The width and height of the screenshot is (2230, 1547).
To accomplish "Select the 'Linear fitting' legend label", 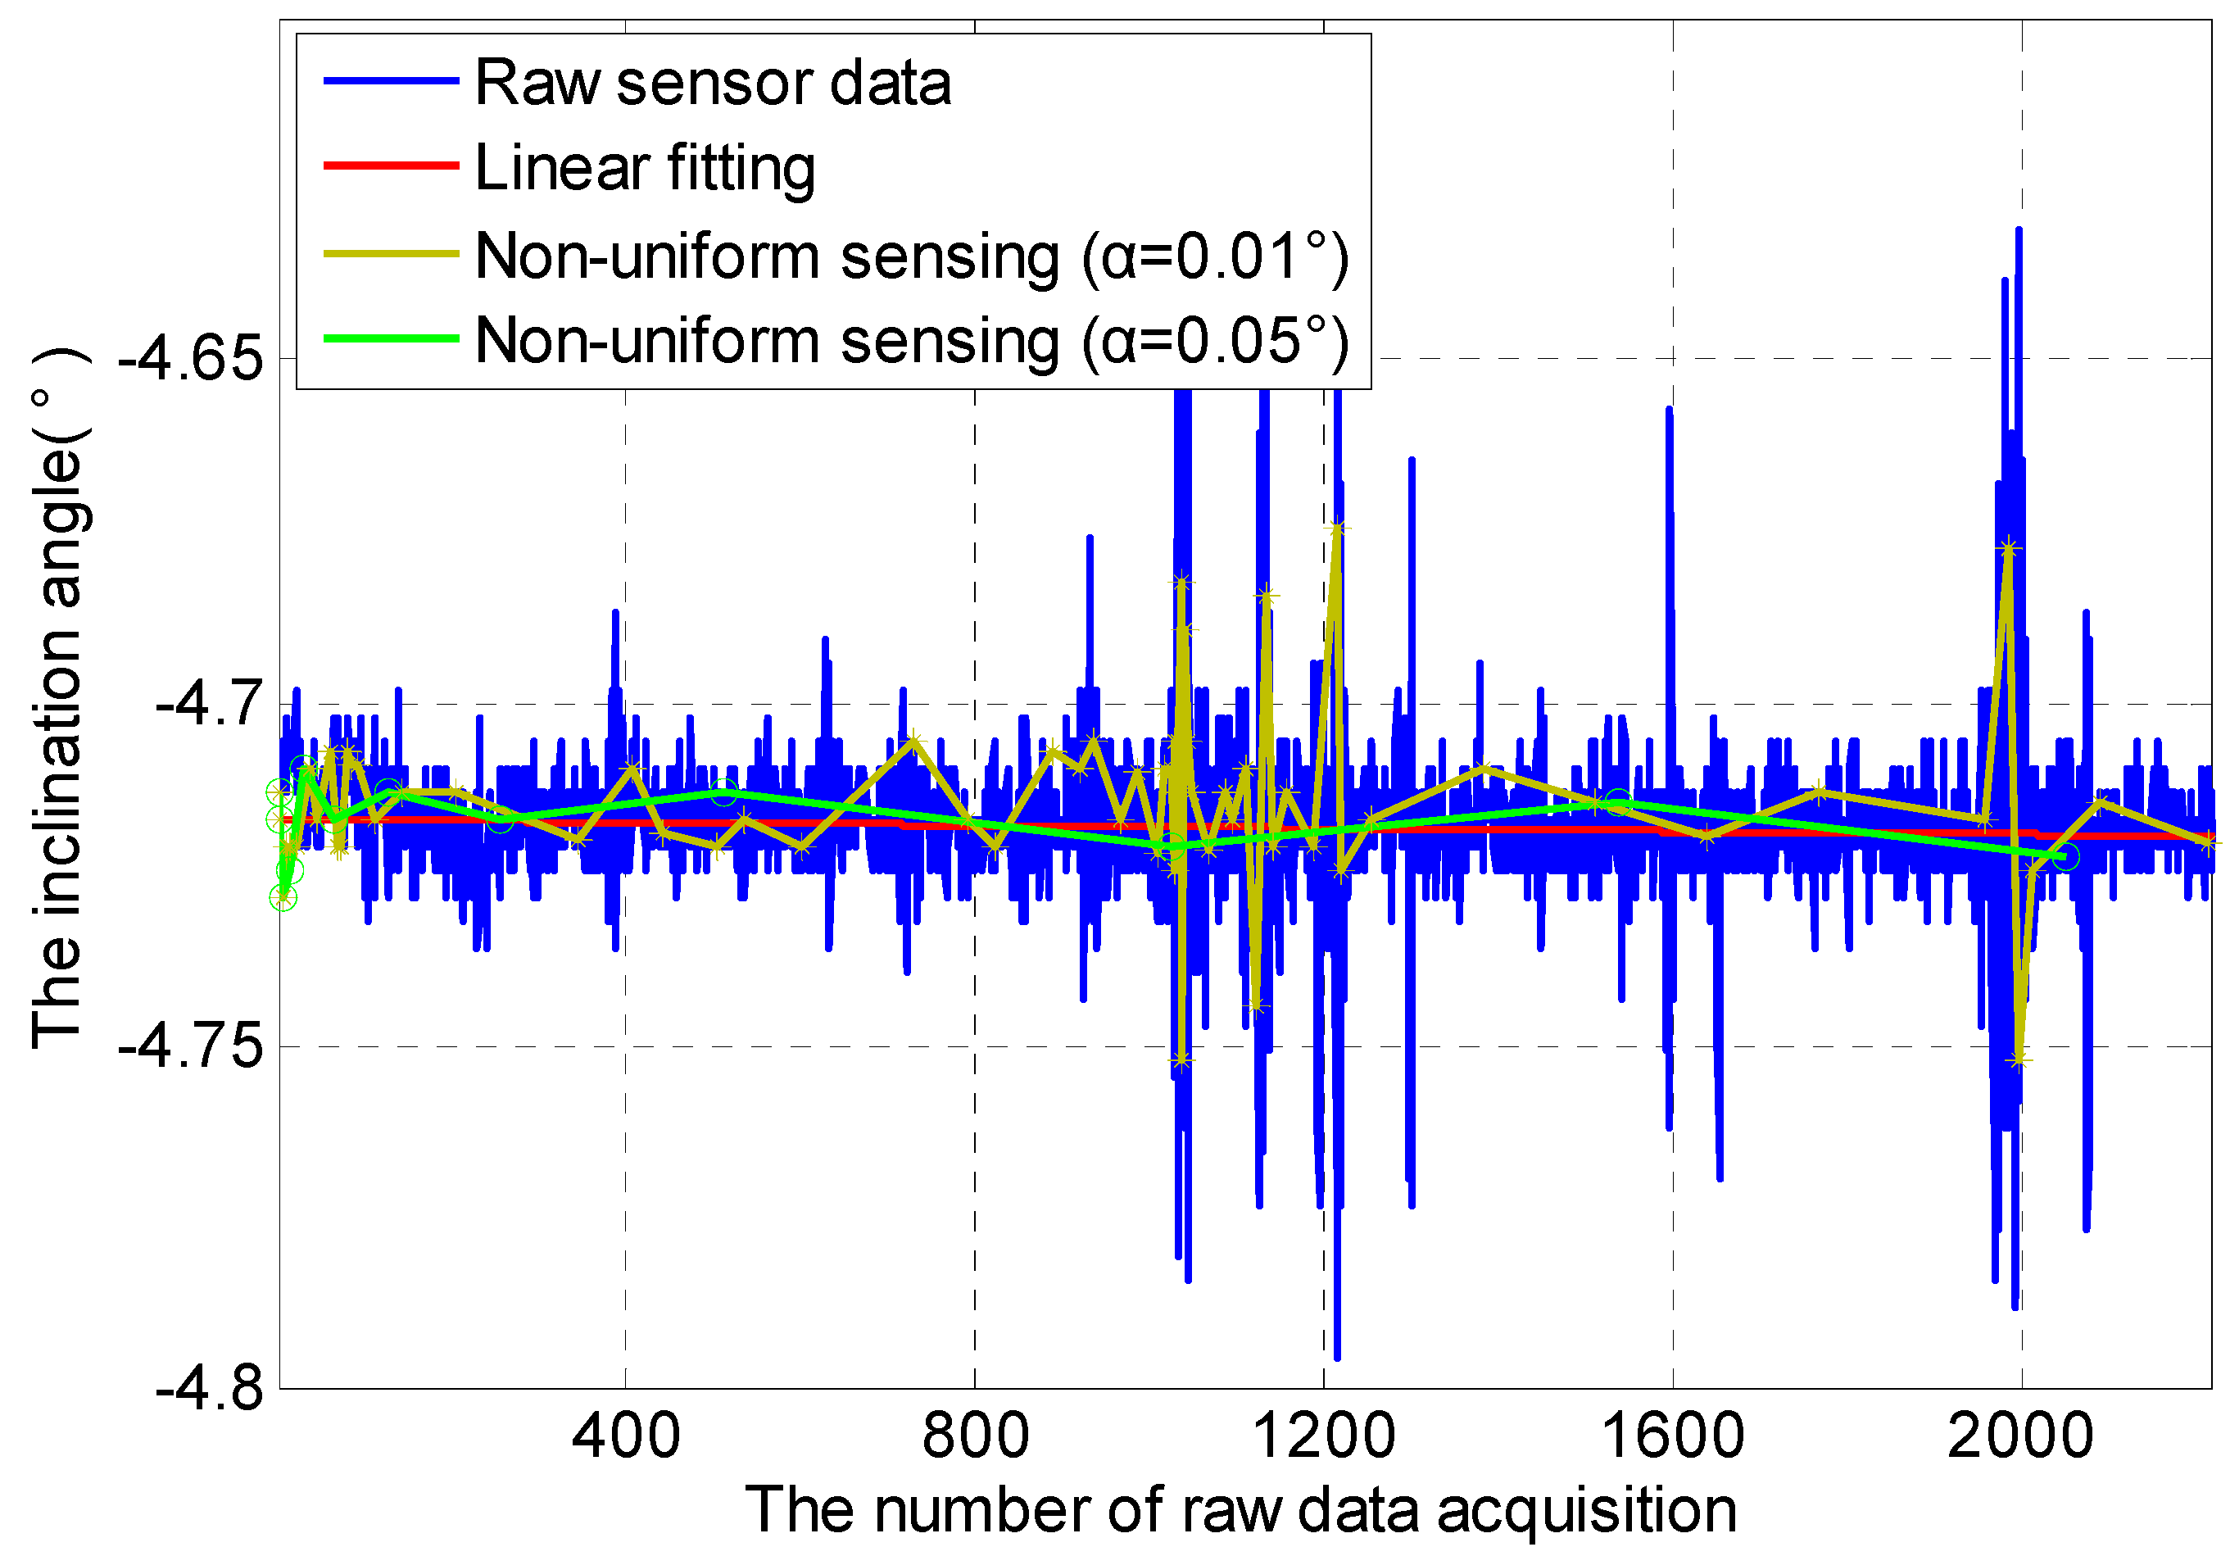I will (x=645, y=168).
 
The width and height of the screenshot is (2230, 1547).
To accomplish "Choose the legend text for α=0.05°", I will (x=911, y=341).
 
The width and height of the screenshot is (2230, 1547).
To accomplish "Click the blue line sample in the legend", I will (x=391, y=81).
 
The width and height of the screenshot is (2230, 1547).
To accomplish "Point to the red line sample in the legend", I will (x=391, y=166).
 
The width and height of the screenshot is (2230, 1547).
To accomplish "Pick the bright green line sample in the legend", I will (x=391, y=338).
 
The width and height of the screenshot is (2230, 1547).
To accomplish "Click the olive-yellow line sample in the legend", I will (x=391, y=254).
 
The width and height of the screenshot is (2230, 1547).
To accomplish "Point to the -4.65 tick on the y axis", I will (x=191, y=360).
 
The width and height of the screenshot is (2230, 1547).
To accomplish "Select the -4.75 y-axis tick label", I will (x=191, y=1047).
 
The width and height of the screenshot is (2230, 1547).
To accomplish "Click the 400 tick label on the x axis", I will (x=625, y=1436).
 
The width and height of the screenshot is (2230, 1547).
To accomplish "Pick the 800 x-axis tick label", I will (x=975, y=1436).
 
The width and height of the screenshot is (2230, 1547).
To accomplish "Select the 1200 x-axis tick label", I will (x=1324, y=1436).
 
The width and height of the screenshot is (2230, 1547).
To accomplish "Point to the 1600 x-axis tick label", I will (x=1673, y=1436).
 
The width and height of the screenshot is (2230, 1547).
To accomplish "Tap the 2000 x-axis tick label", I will (x=2020, y=1436).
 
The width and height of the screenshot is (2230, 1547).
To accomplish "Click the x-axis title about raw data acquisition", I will (x=1240, y=1510).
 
